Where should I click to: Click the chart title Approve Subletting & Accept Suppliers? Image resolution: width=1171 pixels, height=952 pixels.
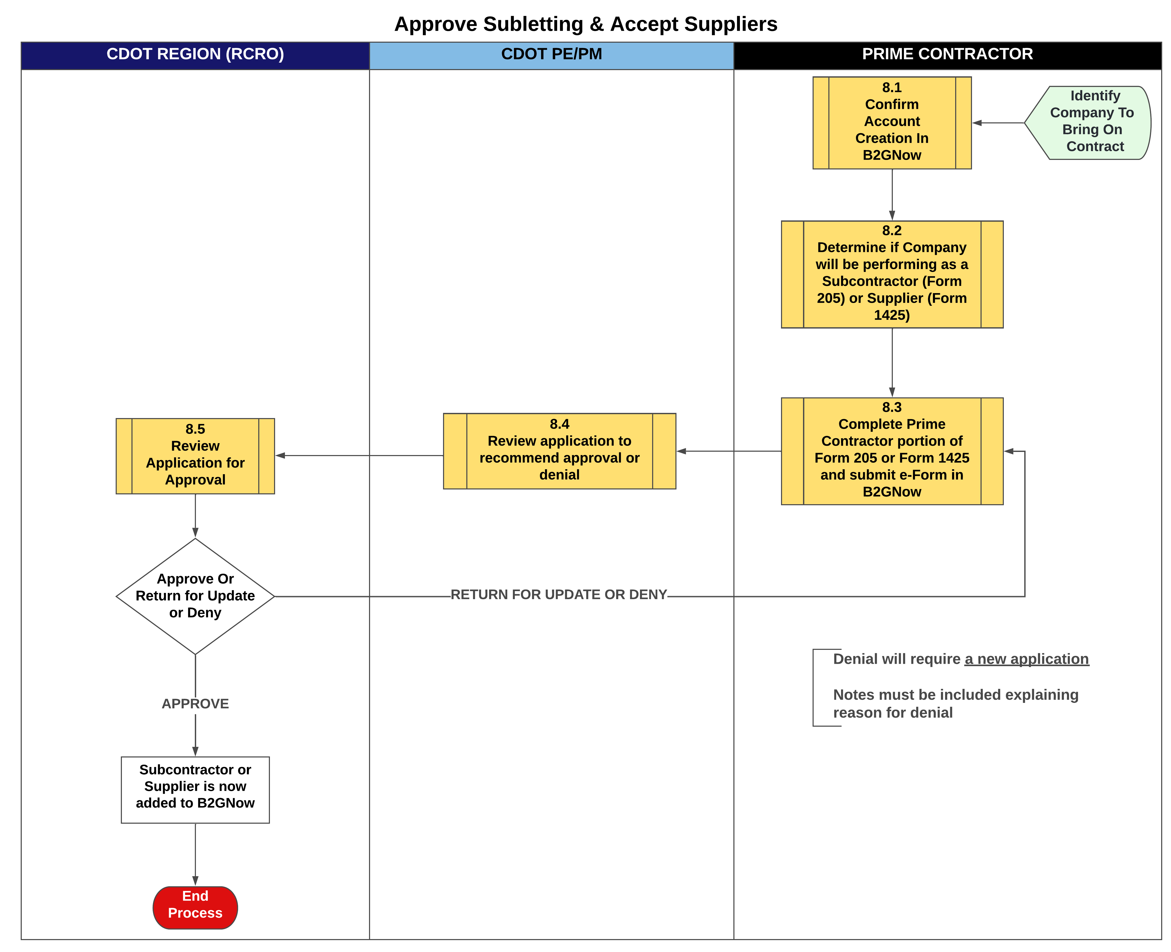pos(585,24)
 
